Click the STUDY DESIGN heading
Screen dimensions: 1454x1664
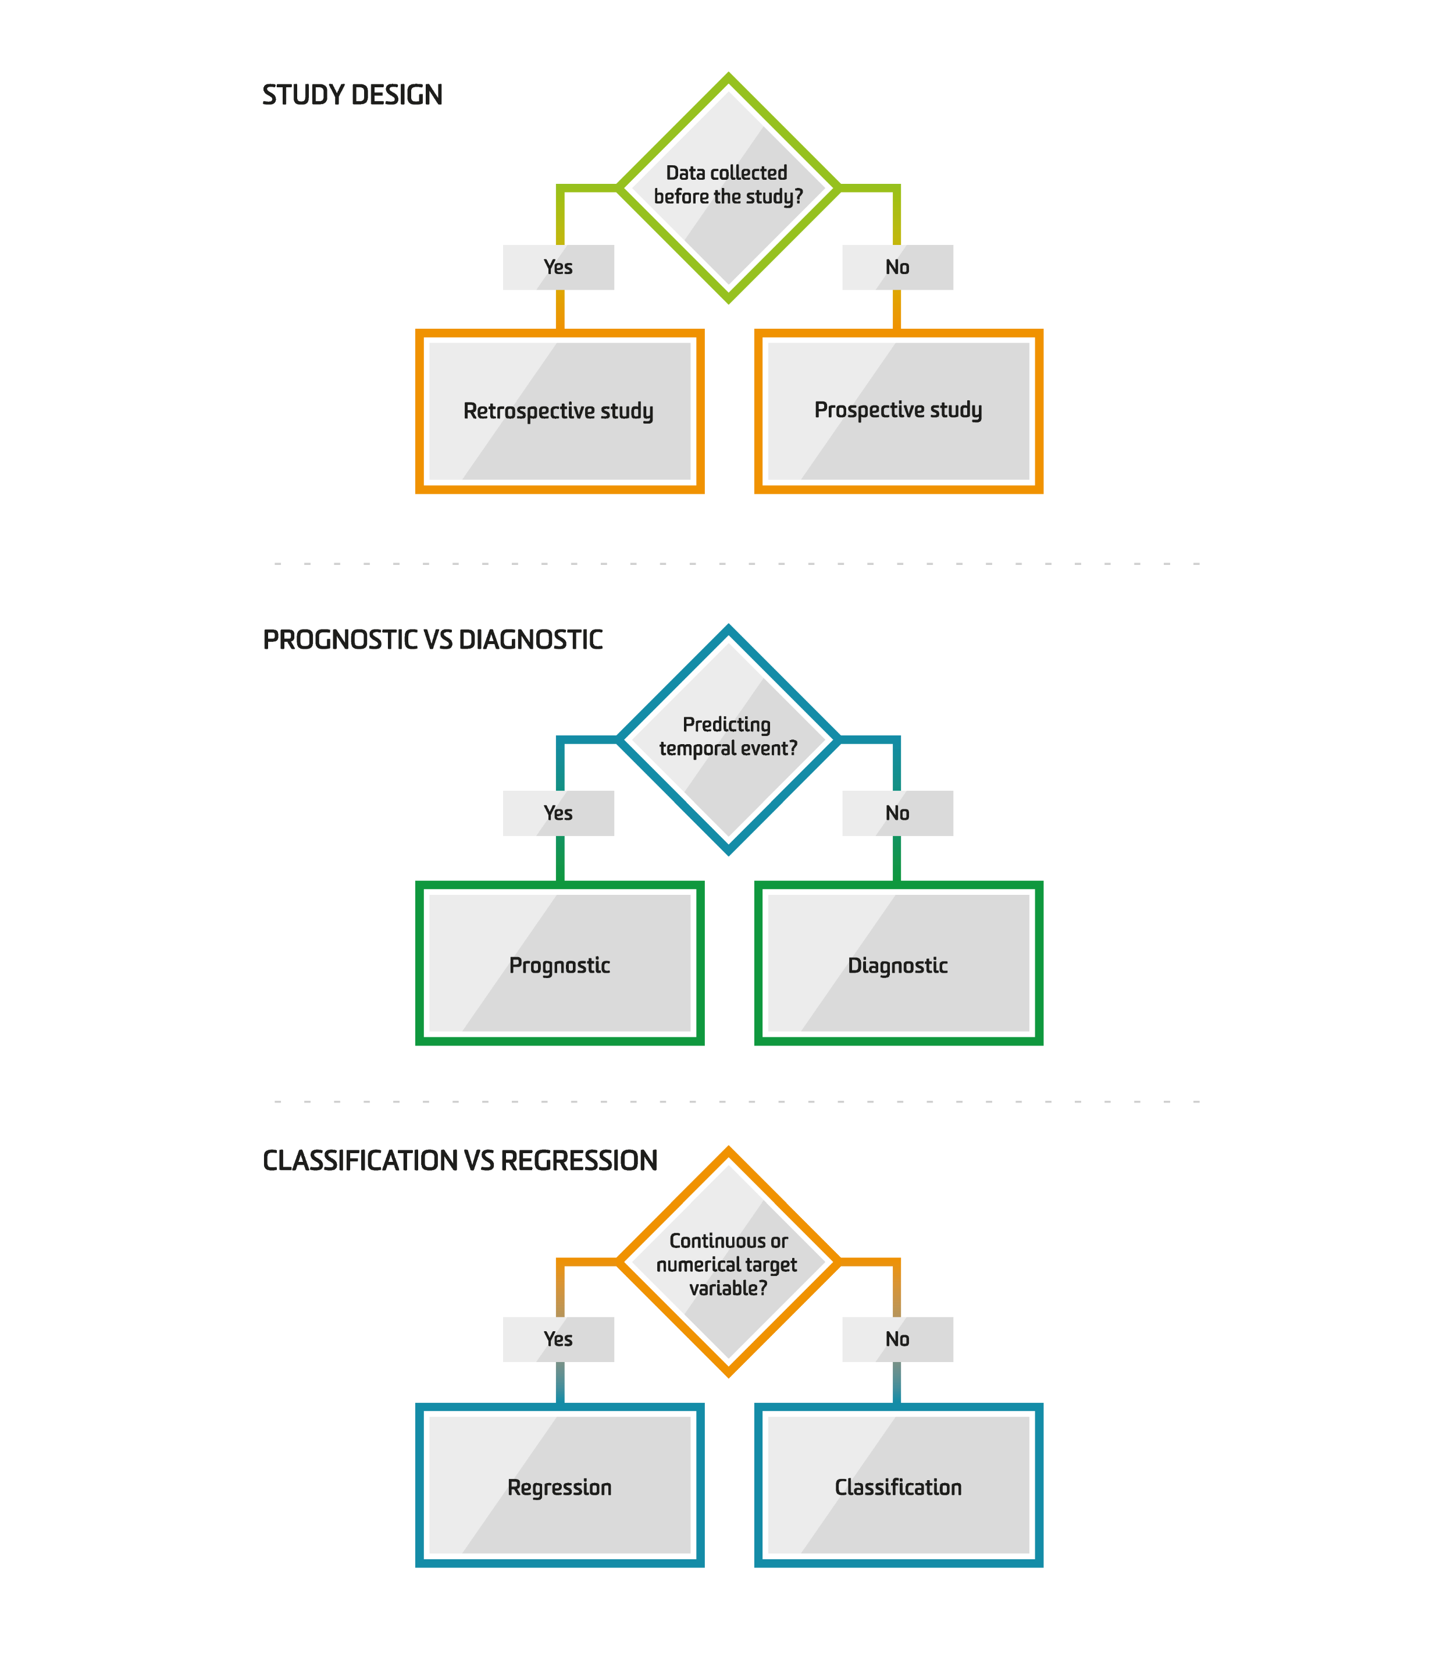(352, 95)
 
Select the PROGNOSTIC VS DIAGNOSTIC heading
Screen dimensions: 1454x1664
(433, 639)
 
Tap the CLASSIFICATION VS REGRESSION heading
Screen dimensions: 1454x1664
(460, 1161)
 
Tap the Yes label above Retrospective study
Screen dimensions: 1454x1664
(558, 267)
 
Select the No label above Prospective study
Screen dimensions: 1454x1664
(897, 267)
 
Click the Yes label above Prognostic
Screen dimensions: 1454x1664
(558, 813)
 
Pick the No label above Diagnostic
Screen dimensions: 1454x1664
(897, 813)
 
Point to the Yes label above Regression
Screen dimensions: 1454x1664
(558, 1339)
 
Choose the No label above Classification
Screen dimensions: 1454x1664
(897, 1339)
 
